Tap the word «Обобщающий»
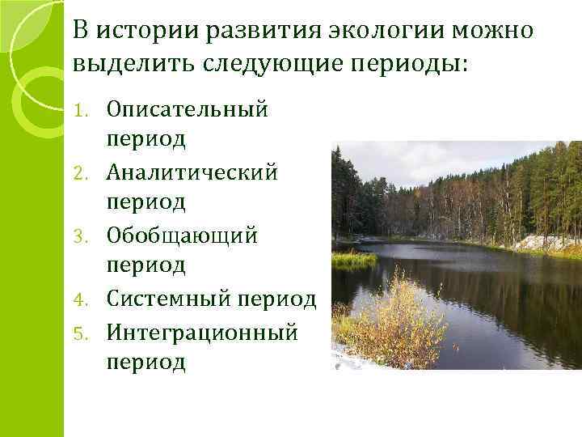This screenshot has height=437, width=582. [182, 235]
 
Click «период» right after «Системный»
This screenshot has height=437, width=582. [276, 299]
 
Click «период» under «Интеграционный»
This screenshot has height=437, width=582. [145, 362]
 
